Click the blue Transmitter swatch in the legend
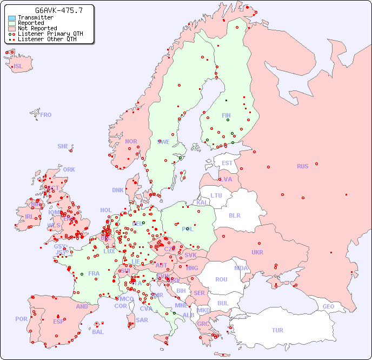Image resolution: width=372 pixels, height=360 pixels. pyautogui.click(x=12, y=17)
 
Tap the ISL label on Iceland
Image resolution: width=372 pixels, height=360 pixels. pyautogui.click(x=18, y=67)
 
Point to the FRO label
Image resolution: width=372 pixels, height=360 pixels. pyautogui.click(x=45, y=115)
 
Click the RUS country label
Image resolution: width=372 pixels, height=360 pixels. pyautogui.click(x=302, y=166)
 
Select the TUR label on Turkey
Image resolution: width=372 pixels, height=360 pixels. pyautogui.click(x=277, y=330)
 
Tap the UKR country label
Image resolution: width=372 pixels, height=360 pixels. pyautogui.click(x=257, y=252)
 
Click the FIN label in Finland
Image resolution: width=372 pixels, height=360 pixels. pyautogui.click(x=226, y=115)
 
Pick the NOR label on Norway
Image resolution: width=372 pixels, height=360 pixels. pyautogui.click(x=131, y=141)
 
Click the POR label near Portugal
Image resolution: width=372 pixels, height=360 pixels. pyautogui.click(x=21, y=319)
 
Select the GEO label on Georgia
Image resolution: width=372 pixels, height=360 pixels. pyautogui.click(x=328, y=306)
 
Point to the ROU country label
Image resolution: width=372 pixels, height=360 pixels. pyautogui.click(x=221, y=279)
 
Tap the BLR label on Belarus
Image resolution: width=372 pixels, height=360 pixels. pyautogui.click(x=234, y=215)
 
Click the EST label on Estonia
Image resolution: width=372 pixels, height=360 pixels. pyautogui.click(x=227, y=163)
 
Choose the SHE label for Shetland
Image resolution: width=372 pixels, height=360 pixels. pyautogui.click(x=63, y=146)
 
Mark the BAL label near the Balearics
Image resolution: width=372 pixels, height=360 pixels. pyautogui.click(x=97, y=332)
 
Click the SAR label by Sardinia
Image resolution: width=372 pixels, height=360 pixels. pyautogui.click(x=142, y=320)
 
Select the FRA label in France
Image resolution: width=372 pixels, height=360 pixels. pyautogui.click(x=94, y=273)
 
